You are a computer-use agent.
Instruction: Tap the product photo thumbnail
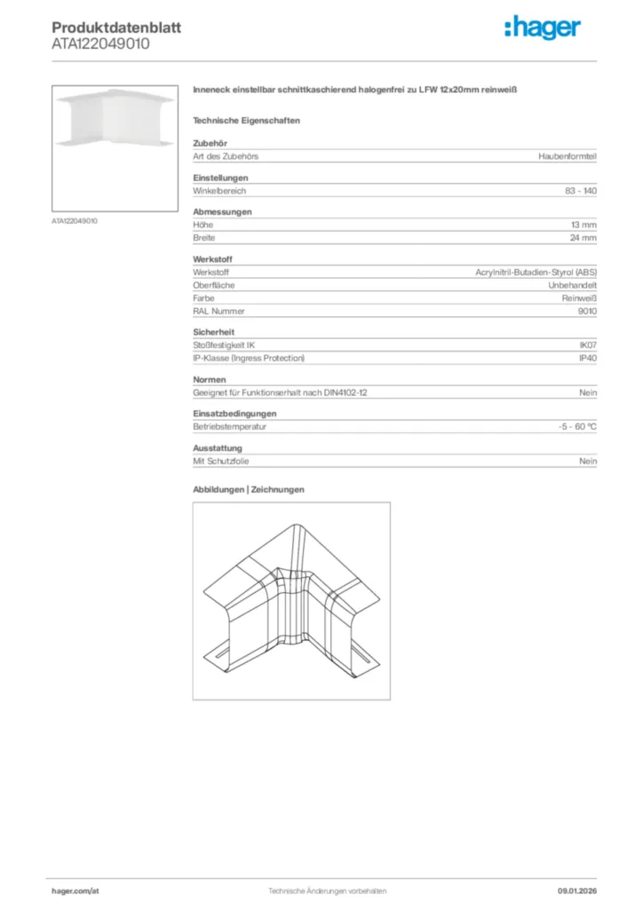[116, 147]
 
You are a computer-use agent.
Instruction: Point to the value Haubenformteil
[568, 156]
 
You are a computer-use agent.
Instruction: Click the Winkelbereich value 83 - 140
[581, 191]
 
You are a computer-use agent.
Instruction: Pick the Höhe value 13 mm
[583, 225]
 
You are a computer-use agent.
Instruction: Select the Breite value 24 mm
[583, 238]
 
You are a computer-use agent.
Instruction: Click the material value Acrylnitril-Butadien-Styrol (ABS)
[536, 273]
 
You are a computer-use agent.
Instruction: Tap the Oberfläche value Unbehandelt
[572, 286]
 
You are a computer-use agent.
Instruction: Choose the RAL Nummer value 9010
[587, 312]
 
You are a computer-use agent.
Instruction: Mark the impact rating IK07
[588, 345]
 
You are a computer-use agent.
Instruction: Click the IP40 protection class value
[588, 358]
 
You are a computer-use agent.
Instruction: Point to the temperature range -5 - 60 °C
[571, 427]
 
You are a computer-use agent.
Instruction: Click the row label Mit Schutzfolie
[218, 462]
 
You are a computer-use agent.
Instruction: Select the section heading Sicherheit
[210, 332]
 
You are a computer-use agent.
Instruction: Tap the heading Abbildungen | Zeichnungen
[249, 489]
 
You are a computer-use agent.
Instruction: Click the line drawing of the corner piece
[291, 600]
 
